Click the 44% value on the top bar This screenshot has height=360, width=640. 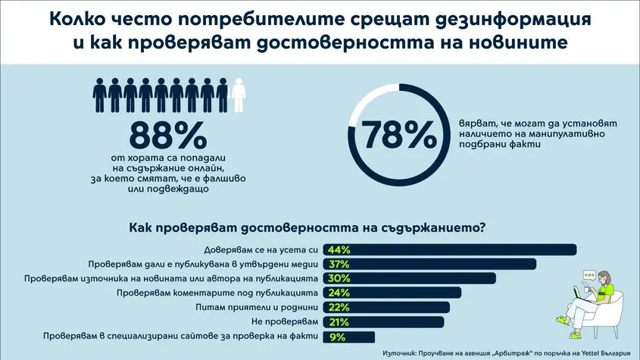(x=338, y=250)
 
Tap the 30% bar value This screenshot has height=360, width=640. (x=338, y=279)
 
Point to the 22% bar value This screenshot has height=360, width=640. (x=338, y=308)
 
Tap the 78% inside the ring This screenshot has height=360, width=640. (x=396, y=134)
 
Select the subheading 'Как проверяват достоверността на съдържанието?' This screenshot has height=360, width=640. (x=308, y=227)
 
